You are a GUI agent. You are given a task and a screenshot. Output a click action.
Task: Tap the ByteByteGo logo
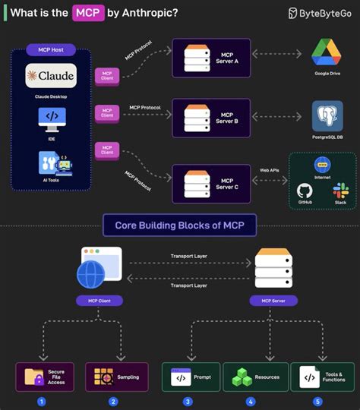(x=319, y=13)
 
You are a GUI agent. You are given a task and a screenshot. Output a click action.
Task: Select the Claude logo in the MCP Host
(x=51, y=76)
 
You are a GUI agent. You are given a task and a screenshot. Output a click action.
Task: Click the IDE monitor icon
(x=52, y=117)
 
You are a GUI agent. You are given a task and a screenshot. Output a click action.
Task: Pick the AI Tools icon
(x=52, y=164)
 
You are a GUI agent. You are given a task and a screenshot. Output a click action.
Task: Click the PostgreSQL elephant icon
(x=328, y=116)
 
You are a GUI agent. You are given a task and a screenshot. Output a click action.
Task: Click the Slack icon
(x=340, y=190)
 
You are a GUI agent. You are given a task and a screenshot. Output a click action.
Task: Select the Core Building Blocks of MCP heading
(x=179, y=225)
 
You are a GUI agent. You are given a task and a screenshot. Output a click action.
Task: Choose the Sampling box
(x=113, y=377)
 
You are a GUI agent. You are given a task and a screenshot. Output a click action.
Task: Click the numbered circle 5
(x=317, y=401)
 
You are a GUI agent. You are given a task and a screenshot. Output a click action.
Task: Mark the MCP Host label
(x=51, y=50)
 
